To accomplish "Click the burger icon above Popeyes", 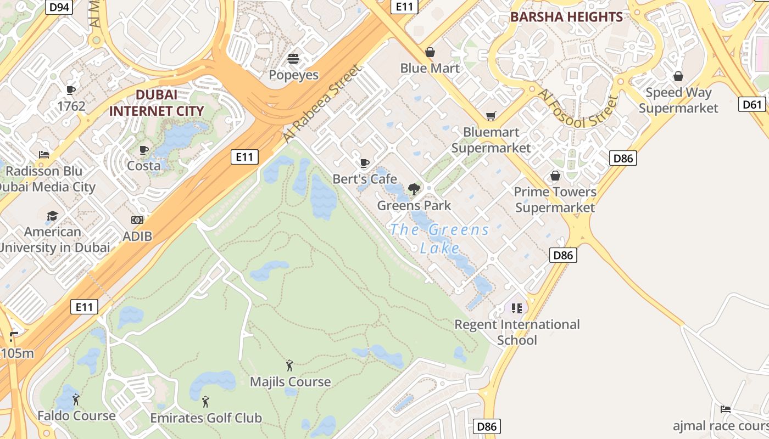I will [293, 58].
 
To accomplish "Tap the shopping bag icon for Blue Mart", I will [430, 52].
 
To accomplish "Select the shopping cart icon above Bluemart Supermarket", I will [491, 116].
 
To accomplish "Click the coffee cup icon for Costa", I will [144, 150].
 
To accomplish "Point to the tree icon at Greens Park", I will [414, 189].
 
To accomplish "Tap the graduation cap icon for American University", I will [52, 216].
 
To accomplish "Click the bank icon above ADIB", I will [137, 220].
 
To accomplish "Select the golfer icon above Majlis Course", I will [289, 365].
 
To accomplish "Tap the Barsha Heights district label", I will [566, 17].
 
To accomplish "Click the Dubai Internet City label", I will [156, 103].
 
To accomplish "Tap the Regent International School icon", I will [516, 308].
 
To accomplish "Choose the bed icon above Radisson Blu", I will [44, 155].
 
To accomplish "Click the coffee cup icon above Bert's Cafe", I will [364, 163].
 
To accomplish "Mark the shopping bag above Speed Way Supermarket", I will [678, 76].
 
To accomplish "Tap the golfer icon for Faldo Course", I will [76, 399].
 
